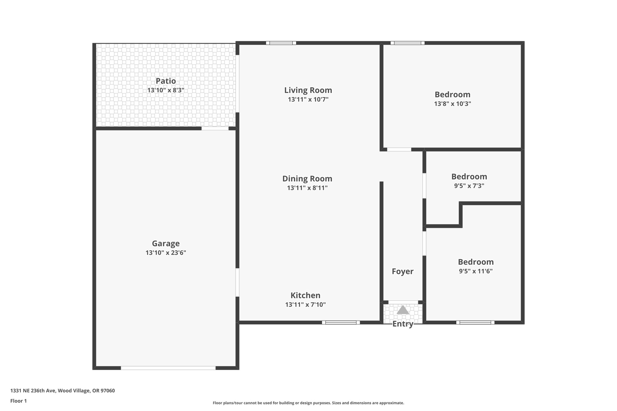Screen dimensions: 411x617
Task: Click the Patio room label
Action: tap(166, 81)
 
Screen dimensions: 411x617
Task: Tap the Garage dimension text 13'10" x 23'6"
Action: tap(166, 253)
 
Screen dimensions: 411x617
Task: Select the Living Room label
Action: tap(308, 90)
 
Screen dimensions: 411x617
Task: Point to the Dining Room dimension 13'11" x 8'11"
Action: tap(307, 188)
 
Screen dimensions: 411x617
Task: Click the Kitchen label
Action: tap(305, 295)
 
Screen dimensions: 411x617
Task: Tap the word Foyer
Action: tap(402, 272)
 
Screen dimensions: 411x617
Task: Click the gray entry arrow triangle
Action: tap(403, 310)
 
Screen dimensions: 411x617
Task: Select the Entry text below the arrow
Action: tap(403, 324)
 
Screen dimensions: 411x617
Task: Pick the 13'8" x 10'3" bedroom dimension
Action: tap(453, 104)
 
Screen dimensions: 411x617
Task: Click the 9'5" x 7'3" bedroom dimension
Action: tap(469, 186)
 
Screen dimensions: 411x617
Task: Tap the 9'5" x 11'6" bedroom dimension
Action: tap(476, 271)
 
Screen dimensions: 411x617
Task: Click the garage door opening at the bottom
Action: tap(168, 368)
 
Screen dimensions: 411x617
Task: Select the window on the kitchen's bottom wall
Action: tap(341, 322)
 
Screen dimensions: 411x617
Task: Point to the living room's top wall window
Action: tap(281, 43)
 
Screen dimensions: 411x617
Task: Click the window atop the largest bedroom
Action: tap(408, 43)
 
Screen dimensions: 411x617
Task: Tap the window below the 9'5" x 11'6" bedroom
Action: tap(475, 322)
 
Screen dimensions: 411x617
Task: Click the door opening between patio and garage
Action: tap(215, 129)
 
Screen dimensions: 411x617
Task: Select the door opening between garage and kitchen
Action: tap(237, 282)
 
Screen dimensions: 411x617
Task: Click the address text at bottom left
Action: tap(62, 391)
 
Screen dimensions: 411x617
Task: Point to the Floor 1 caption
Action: tap(18, 401)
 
